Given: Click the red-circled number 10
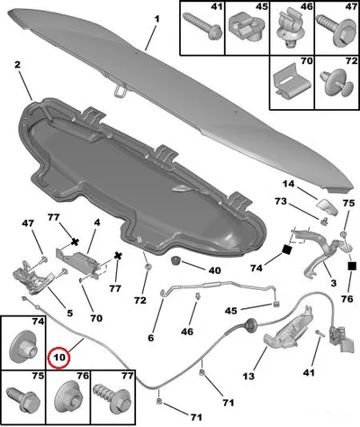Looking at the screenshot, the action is click(x=59, y=358).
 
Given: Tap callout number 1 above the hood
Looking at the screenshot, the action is click(x=157, y=20).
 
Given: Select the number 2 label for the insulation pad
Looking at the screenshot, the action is click(x=17, y=65).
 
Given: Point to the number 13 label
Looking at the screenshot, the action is click(x=248, y=376).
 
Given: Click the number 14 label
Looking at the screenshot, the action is click(x=289, y=184).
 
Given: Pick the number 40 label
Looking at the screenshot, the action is click(x=214, y=270).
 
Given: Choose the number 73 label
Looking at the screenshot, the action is click(x=281, y=202).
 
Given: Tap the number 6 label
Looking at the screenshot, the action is click(x=150, y=338).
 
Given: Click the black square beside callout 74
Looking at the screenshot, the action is click(x=287, y=250).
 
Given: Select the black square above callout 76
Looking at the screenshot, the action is click(x=352, y=266).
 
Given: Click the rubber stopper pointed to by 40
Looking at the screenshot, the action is click(x=175, y=260).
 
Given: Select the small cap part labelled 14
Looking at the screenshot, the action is click(x=327, y=207).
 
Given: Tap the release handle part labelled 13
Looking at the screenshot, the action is click(x=286, y=331).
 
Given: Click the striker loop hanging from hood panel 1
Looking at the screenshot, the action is click(x=120, y=90).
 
